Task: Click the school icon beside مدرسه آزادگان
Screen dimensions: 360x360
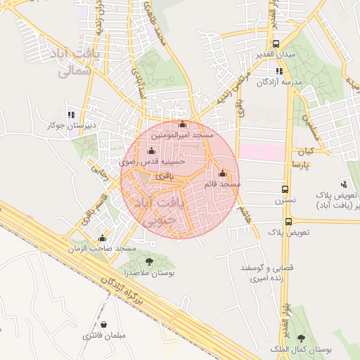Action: tap(279, 71)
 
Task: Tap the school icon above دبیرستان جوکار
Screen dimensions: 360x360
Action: tap(70, 114)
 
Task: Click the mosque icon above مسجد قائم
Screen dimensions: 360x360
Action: tap(223, 173)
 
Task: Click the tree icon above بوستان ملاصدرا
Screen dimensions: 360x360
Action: tap(148, 262)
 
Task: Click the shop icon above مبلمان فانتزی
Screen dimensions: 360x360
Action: tap(105, 325)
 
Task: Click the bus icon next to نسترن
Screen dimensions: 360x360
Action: tap(285, 189)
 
